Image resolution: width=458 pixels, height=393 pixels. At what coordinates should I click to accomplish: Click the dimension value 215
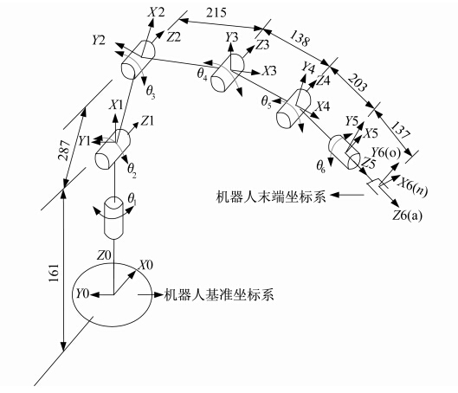[x=216, y=13]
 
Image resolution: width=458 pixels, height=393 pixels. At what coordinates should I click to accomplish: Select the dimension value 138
[x=300, y=38]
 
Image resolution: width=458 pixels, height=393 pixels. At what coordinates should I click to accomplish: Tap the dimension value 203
[x=358, y=82]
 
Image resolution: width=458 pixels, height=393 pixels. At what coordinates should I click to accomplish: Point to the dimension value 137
[x=400, y=130]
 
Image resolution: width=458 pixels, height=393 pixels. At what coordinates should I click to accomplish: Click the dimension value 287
[x=64, y=151]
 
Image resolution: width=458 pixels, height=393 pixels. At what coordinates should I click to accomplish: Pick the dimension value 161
[x=54, y=273]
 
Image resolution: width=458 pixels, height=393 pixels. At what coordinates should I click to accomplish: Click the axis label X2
[x=156, y=13]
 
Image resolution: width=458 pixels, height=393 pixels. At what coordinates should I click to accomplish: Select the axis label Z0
[x=104, y=255]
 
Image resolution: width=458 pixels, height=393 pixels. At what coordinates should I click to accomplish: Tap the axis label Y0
[x=82, y=293]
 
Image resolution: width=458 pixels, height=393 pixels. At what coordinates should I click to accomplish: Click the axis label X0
[x=145, y=265]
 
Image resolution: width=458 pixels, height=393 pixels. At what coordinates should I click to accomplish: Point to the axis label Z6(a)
[x=408, y=216]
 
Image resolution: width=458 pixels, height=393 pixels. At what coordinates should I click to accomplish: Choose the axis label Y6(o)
[x=385, y=152]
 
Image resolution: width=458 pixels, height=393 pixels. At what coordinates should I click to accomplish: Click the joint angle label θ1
[x=132, y=199]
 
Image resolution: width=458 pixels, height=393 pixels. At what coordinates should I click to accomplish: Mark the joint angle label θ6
[x=320, y=167]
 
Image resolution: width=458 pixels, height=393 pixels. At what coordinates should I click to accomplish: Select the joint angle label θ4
[x=202, y=74]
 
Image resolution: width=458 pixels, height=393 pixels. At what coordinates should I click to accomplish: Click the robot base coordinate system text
[x=219, y=294]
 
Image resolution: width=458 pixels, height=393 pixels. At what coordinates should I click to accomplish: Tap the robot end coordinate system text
[x=270, y=196]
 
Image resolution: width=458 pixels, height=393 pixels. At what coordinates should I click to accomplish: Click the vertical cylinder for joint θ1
[x=114, y=218]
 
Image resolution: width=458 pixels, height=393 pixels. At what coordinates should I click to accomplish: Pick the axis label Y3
[x=231, y=37]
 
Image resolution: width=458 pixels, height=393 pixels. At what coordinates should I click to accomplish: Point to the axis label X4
[x=324, y=106]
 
